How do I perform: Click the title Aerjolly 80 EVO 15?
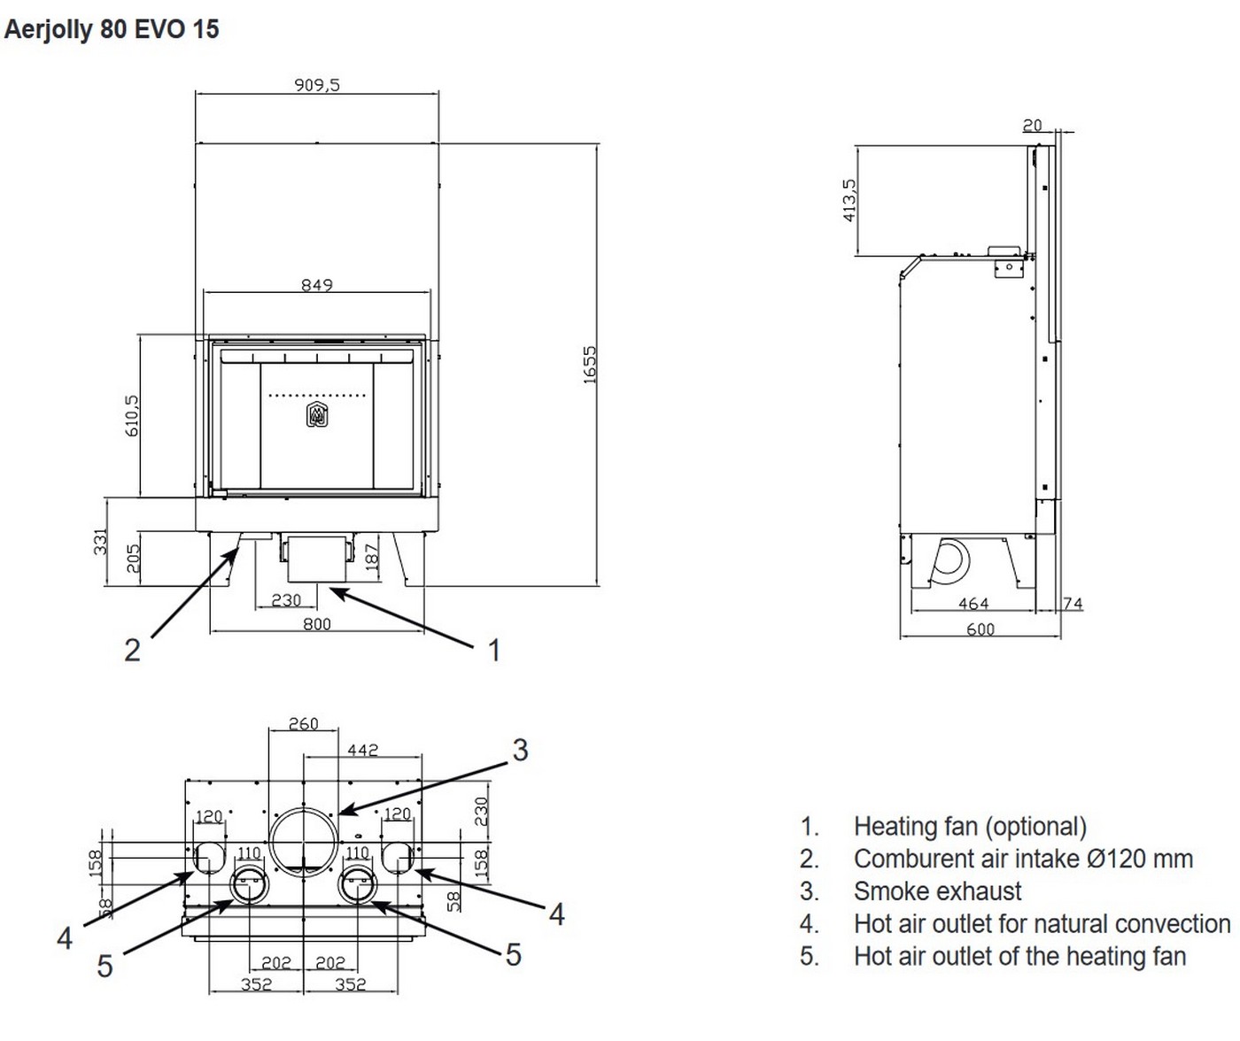[112, 29]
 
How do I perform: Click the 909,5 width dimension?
[317, 85]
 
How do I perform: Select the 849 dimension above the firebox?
[316, 285]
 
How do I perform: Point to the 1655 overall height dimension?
[590, 364]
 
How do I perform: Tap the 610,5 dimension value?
[132, 415]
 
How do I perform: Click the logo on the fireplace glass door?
[316, 414]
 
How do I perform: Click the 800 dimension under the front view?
[317, 623]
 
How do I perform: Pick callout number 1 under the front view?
[494, 651]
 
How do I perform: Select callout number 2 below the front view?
[132, 651]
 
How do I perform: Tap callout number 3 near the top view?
[520, 751]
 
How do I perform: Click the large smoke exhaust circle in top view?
[304, 841]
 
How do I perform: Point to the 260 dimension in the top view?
[303, 724]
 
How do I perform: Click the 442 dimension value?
[362, 750]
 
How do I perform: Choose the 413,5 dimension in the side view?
[849, 200]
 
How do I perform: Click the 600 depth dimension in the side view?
[980, 629]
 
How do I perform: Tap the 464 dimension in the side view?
[973, 604]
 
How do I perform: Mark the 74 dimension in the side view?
[1073, 604]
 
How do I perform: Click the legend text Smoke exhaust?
[937, 891]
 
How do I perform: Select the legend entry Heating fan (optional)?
[970, 827]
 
